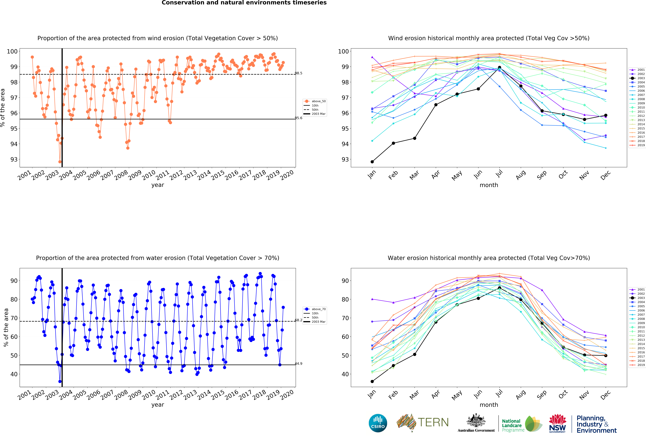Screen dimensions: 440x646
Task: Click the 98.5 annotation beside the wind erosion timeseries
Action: pyautogui.click(x=299, y=73)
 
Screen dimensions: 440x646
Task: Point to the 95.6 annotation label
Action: pyautogui.click(x=299, y=118)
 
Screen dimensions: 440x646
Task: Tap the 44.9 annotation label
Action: pyautogui.click(x=299, y=364)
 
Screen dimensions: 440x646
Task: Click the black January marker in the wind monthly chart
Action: pyautogui.click(x=372, y=162)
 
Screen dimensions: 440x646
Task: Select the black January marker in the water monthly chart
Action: pyautogui.click(x=372, y=381)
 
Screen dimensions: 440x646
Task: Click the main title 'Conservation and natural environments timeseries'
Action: pyautogui.click(x=244, y=3)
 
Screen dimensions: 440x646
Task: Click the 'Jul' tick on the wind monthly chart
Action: pyautogui.click(x=499, y=174)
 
